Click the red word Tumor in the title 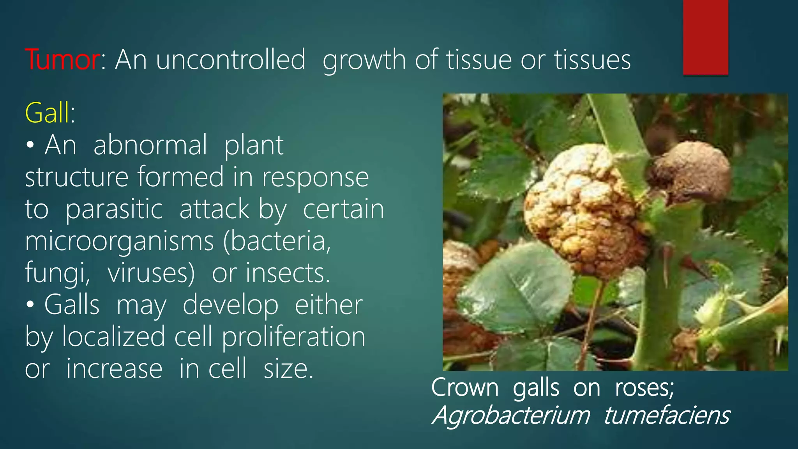pos(62,60)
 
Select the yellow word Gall pos(48,113)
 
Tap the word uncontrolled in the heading pos(231,60)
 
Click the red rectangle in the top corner pos(705,37)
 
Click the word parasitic pos(114,210)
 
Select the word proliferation pos(294,337)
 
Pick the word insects pos(288,273)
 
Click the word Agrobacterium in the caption pos(511,415)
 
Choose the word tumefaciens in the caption pos(667,415)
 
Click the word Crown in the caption pos(464,388)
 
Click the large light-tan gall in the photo pos(581,210)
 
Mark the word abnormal pos(150,145)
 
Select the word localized pos(113,337)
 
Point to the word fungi pos(57,273)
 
